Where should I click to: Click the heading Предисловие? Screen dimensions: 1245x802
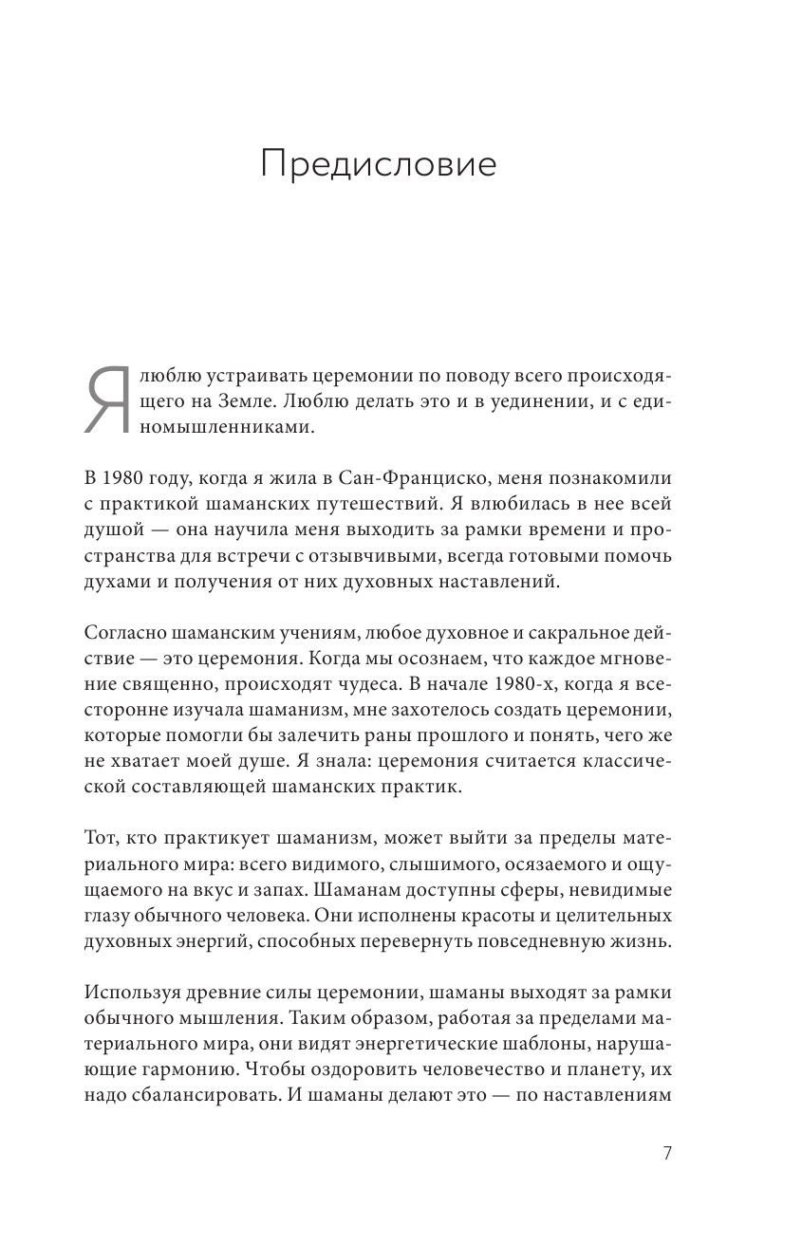point(379,165)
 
